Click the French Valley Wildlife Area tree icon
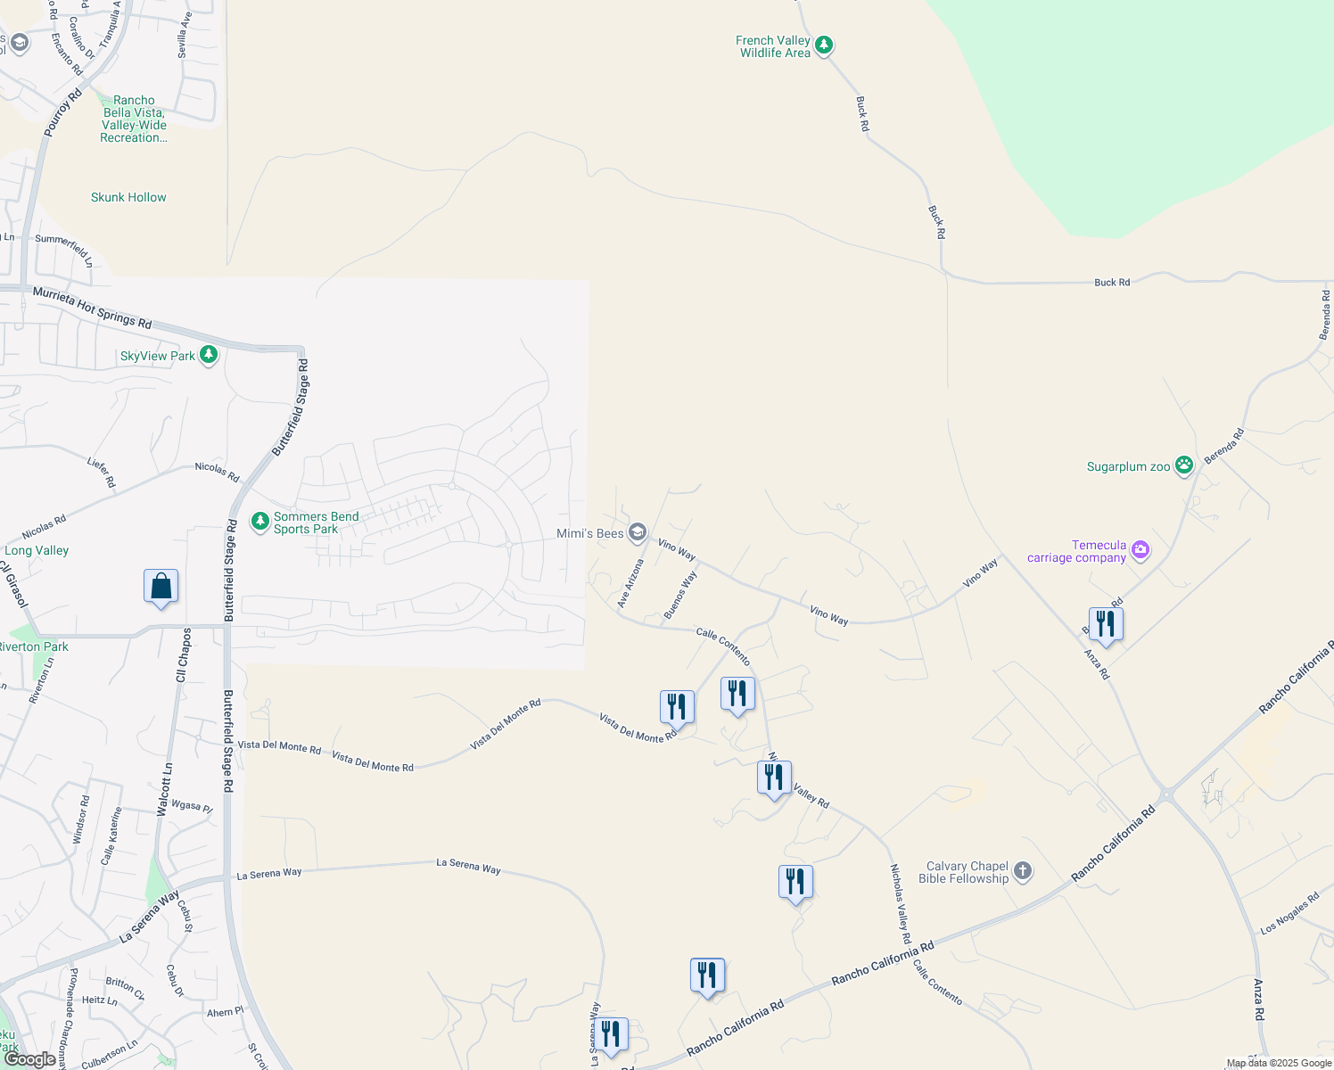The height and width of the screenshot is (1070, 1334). pyautogui.click(x=824, y=45)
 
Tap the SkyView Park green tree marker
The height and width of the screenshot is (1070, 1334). pyautogui.click(x=208, y=355)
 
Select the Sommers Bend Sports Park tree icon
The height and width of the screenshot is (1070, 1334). pyautogui.click(x=259, y=521)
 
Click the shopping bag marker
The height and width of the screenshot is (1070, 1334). pyautogui.click(x=161, y=587)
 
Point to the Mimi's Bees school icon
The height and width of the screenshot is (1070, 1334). pyautogui.click(x=637, y=532)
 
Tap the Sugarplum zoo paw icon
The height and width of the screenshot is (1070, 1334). pyautogui.click(x=1183, y=465)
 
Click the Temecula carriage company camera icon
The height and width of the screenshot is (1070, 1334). pyautogui.click(x=1140, y=550)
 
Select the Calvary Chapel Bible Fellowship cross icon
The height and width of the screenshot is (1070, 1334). pyautogui.click(x=1023, y=871)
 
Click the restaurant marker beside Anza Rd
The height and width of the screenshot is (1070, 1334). pyautogui.click(x=1105, y=624)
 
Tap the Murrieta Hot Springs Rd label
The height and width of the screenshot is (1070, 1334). pyautogui.click(x=92, y=307)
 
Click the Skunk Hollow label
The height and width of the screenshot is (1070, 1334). pyautogui.click(x=128, y=197)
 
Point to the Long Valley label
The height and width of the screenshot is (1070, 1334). pyautogui.click(x=37, y=550)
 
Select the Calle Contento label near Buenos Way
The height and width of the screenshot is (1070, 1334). pyautogui.click(x=723, y=646)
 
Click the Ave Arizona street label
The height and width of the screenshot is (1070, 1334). pyautogui.click(x=630, y=584)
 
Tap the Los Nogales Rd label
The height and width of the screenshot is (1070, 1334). pyautogui.click(x=1289, y=914)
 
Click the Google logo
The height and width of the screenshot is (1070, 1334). pyautogui.click(x=29, y=1059)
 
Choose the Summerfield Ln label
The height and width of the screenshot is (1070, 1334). pyautogui.click(x=64, y=249)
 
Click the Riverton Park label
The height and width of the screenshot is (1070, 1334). pyautogui.click(x=34, y=646)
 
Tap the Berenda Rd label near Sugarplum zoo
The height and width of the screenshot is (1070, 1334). pyautogui.click(x=1223, y=446)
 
